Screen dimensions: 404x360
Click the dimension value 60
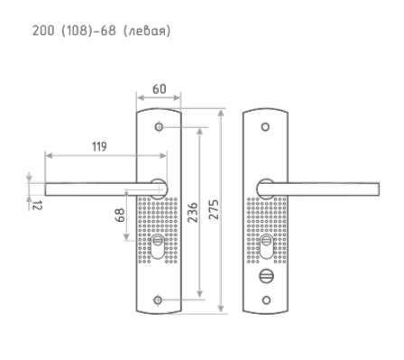coord(160,89)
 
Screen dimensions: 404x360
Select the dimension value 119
coord(99,146)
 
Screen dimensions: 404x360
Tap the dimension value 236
coord(193,212)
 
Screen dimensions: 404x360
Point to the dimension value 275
coord(214,209)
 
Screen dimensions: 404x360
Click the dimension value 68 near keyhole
coord(120,215)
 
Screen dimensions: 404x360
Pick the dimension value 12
coord(37,205)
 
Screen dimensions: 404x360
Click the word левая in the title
coord(147,31)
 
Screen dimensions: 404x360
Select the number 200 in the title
coord(43,31)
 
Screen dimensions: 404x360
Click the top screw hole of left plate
coord(159,127)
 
